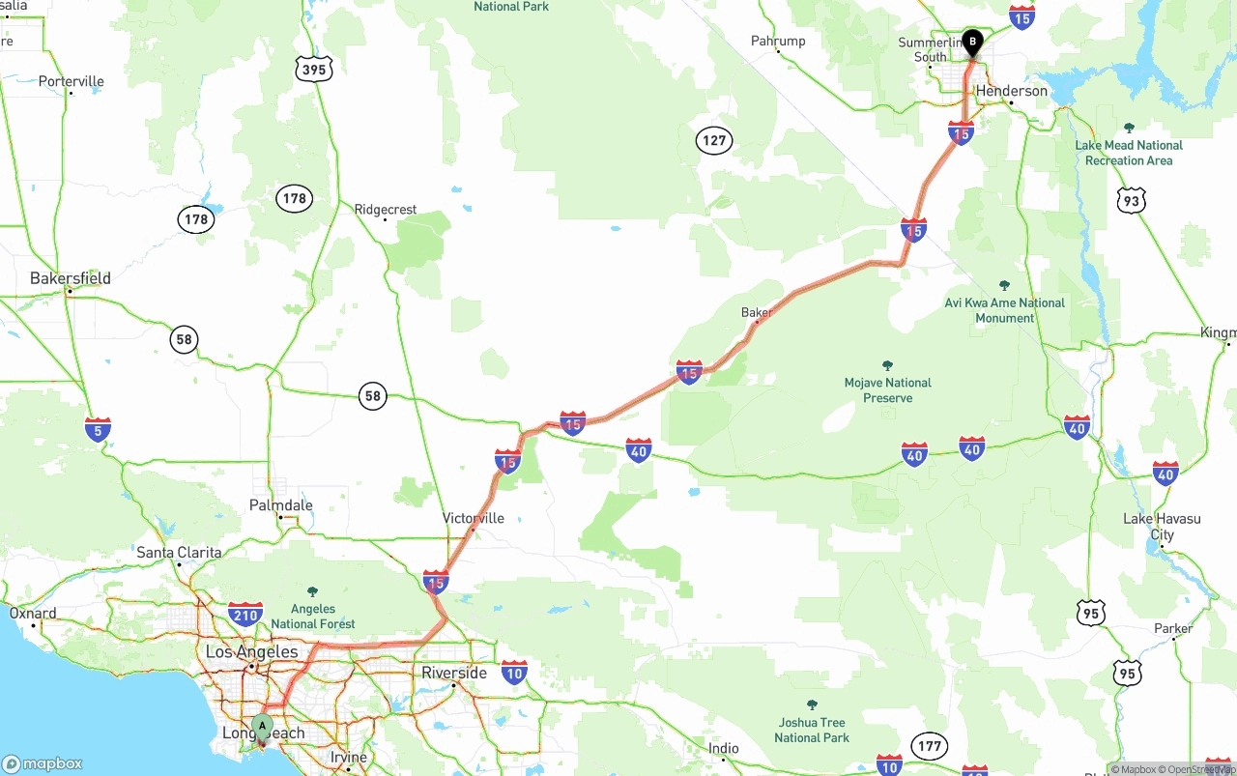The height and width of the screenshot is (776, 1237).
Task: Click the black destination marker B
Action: click(x=972, y=43)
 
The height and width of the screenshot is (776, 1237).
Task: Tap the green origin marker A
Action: click(x=262, y=727)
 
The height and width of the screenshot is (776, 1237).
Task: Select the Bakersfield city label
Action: click(x=71, y=278)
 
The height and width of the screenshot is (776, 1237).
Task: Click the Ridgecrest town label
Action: click(x=386, y=209)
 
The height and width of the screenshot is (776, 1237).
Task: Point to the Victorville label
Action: click(x=474, y=518)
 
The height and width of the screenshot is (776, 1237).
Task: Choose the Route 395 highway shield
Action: click(x=314, y=69)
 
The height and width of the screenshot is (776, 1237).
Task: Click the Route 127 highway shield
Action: click(x=714, y=141)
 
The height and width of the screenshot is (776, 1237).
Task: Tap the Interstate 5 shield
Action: click(x=98, y=429)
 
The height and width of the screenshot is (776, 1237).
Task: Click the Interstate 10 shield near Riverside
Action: click(x=514, y=673)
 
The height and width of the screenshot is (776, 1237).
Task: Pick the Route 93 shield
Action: click(x=1132, y=200)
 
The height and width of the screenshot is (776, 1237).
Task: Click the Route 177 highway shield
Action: click(x=930, y=746)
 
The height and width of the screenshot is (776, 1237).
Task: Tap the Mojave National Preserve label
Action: click(x=888, y=389)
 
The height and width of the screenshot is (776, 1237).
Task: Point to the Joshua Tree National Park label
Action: click(x=812, y=730)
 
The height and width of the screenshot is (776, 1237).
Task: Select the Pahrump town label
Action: click(x=778, y=41)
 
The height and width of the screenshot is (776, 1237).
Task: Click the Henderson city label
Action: click(x=1012, y=91)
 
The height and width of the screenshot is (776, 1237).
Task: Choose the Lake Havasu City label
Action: click(x=1162, y=527)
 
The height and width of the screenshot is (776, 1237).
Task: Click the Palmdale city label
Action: click(x=281, y=505)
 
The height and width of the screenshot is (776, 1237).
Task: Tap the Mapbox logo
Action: click(x=43, y=763)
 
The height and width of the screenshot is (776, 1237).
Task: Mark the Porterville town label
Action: click(x=72, y=81)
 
